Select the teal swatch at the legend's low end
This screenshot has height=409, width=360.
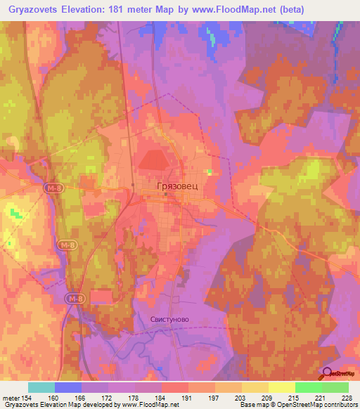41,387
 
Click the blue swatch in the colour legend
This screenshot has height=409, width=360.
68,387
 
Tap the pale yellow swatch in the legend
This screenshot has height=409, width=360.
281,387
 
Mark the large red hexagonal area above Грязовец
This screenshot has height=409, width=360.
155,161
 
